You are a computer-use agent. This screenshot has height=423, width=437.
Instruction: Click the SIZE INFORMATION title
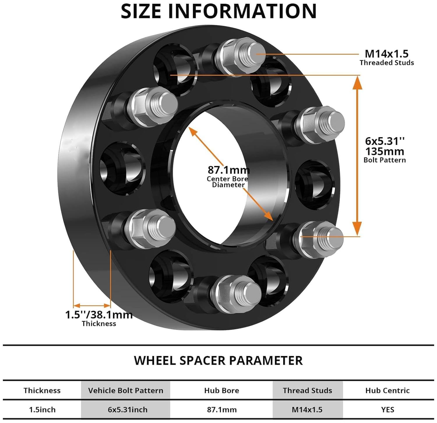218,11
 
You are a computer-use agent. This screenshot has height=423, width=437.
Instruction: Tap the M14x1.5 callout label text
387,54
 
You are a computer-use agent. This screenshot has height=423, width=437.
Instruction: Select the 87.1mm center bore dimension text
228,170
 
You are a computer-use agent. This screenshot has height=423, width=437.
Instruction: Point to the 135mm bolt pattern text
385,152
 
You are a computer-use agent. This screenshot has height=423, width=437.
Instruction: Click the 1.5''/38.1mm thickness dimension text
98,315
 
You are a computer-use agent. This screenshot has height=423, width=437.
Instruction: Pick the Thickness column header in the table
42,390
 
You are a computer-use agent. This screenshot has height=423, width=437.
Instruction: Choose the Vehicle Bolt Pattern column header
126,390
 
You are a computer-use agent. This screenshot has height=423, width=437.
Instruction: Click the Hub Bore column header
221,390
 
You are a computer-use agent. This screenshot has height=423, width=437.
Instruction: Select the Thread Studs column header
307,390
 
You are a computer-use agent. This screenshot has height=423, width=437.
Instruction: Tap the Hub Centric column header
387,390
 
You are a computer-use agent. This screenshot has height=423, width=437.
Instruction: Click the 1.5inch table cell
42,410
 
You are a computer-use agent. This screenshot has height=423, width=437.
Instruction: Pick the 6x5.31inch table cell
128,410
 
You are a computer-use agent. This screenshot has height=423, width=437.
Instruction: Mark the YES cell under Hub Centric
387,410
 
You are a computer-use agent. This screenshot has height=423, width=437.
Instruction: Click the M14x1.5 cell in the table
307,410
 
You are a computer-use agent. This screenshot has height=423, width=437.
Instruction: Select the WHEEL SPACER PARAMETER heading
218,361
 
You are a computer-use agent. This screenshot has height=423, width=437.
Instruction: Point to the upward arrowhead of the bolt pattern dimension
357,83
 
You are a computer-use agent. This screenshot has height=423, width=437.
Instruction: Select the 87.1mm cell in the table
222,410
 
